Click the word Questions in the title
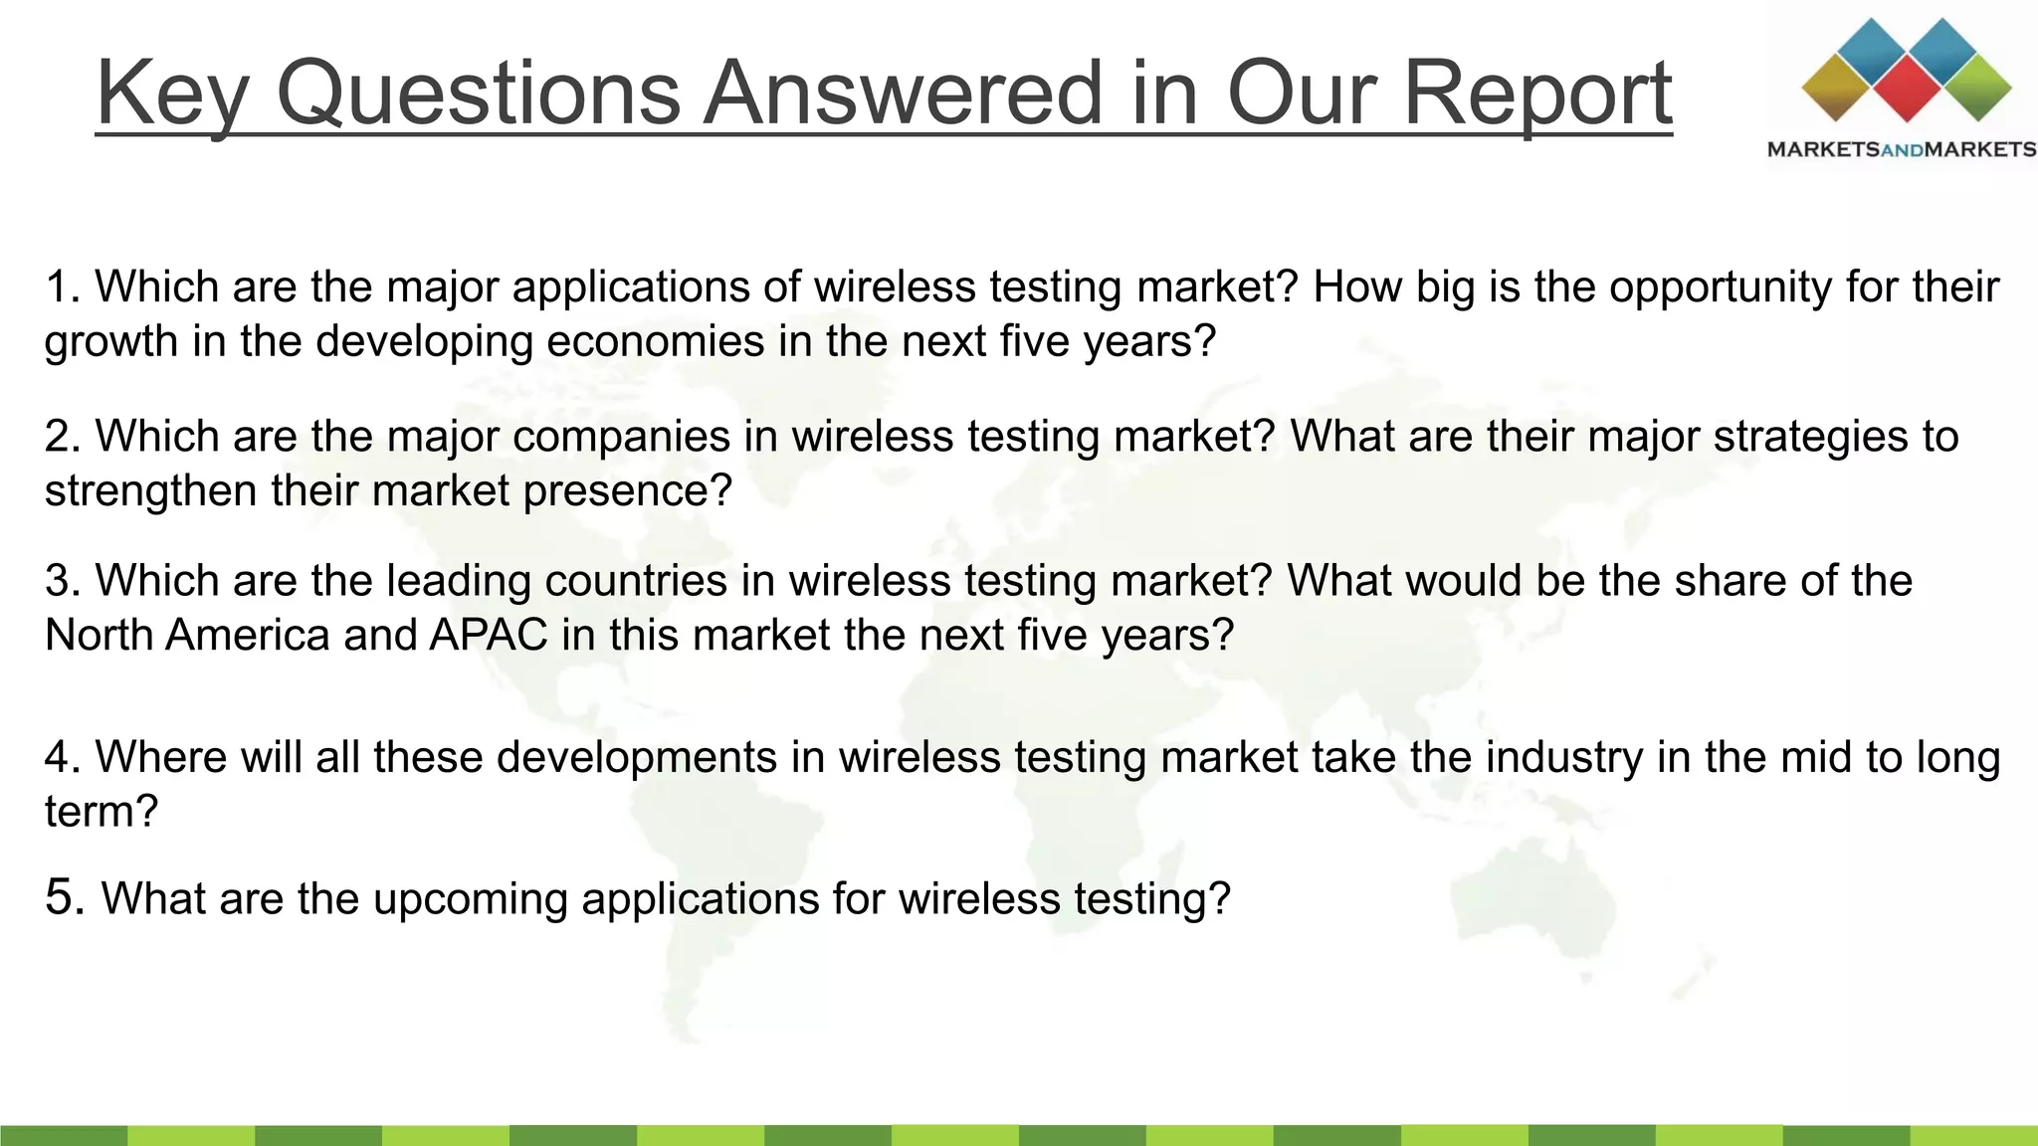click(x=478, y=93)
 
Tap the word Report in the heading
click(x=1537, y=93)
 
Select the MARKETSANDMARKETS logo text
click(x=1901, y=149)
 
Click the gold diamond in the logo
click(x=1837, y=88)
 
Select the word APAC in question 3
click(x=489, y=635)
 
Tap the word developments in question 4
click(x=637, y=757)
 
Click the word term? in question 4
click(x=102, y=812)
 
